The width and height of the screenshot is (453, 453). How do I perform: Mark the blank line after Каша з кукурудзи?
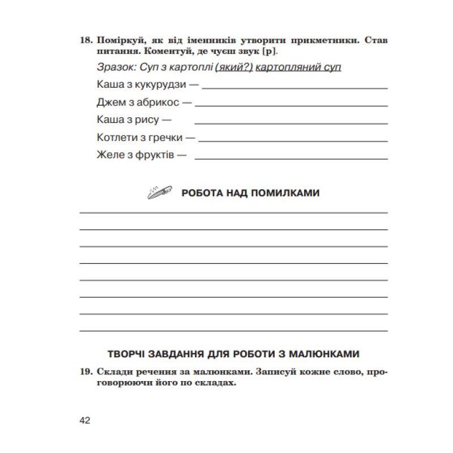coord(294,88)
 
